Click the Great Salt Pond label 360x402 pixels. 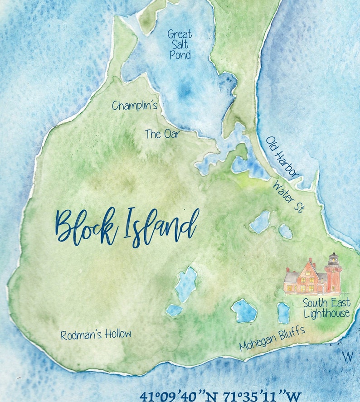click(180, 44)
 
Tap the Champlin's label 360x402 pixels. click(135, 106)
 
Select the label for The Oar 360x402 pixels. click(162, 134)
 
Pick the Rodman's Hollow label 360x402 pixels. click(96, 335)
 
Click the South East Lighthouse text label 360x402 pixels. click(326, 308)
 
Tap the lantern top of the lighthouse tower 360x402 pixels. click(333, 259)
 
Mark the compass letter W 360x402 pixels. click(348, 357)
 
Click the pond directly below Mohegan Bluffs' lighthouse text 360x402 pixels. click(283, 313)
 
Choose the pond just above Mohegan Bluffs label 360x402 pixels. click(244, 311)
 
